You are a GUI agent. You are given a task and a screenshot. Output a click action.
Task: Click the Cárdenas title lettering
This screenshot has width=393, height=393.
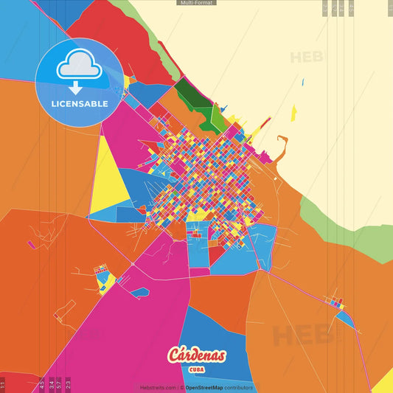[196, 355]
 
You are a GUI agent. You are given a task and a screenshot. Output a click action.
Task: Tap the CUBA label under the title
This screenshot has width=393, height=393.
[196, 369]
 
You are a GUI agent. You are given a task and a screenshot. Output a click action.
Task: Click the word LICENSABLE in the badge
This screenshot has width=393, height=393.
[79, 104]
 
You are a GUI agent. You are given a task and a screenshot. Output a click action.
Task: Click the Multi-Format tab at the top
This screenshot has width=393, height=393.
[196, 3]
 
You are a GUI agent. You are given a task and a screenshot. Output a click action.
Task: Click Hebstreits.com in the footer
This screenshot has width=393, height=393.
[159, 387]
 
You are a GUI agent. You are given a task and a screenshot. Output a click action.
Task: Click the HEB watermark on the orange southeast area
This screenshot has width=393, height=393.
[303, 335]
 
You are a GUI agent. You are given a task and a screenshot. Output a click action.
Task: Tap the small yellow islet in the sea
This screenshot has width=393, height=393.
[293, 113]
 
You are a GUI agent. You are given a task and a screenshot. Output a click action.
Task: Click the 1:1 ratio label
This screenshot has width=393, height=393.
[3, 383]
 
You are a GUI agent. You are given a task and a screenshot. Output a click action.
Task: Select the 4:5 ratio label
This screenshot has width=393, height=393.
[42, 383]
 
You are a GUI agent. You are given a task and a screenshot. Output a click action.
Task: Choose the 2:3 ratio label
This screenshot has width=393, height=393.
[68, 383]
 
